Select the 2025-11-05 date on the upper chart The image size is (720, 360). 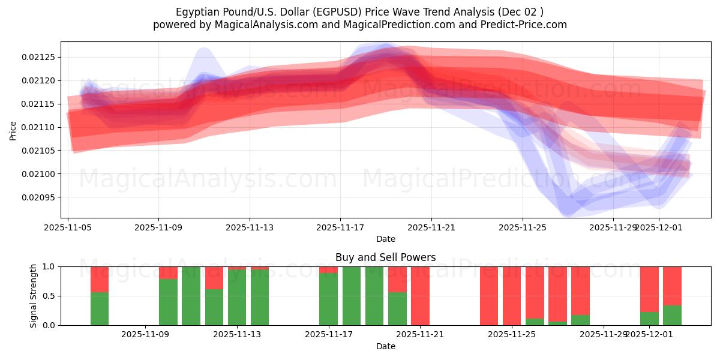coord(68,228)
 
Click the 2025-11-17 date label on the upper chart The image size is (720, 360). coord(340,228)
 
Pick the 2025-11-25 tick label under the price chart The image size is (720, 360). coord(522,228)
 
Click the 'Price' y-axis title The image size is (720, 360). coord(13,130)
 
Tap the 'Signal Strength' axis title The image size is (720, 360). coord(34,296)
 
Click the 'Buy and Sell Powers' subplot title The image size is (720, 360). coord(385,257)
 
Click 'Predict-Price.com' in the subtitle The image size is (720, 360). coord(525,25)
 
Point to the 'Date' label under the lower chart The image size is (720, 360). coord(385,346)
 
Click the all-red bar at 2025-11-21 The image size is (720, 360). coord(420,296)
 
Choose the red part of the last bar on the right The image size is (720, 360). coord(672,285)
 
